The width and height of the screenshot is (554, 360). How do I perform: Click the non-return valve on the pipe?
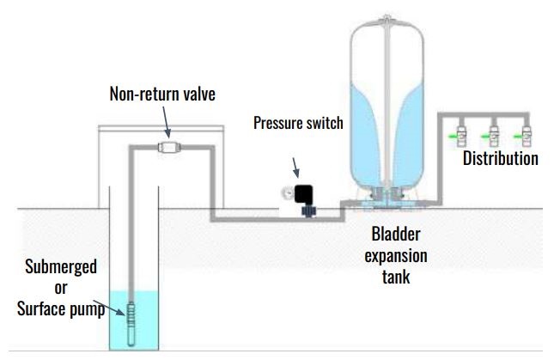click(x=169, y=147)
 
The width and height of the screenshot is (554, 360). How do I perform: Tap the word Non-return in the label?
click(x=140, y=94)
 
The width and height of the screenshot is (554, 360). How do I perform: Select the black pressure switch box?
click(x=304, y=195)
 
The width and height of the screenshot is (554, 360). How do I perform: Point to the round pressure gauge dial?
click(x=288, y=193)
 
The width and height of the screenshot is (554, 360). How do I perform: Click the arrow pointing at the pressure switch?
click(x=296, y=168)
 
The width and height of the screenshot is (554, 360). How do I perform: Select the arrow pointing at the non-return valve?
click(x=166, y=122)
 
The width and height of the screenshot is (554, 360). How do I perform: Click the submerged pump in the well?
click(x=131, y=324)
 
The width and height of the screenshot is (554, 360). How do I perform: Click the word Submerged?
click(x=61, y=267)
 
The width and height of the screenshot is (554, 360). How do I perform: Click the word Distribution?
click(x=501, y=158)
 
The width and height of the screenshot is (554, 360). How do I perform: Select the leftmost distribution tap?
click(x=460, y=136)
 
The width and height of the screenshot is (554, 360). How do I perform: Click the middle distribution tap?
click(x=492, y=136)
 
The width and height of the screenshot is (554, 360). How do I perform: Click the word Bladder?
click(x=396, y=235)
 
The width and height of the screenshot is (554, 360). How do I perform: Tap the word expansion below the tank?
click(x=396, y=256)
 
